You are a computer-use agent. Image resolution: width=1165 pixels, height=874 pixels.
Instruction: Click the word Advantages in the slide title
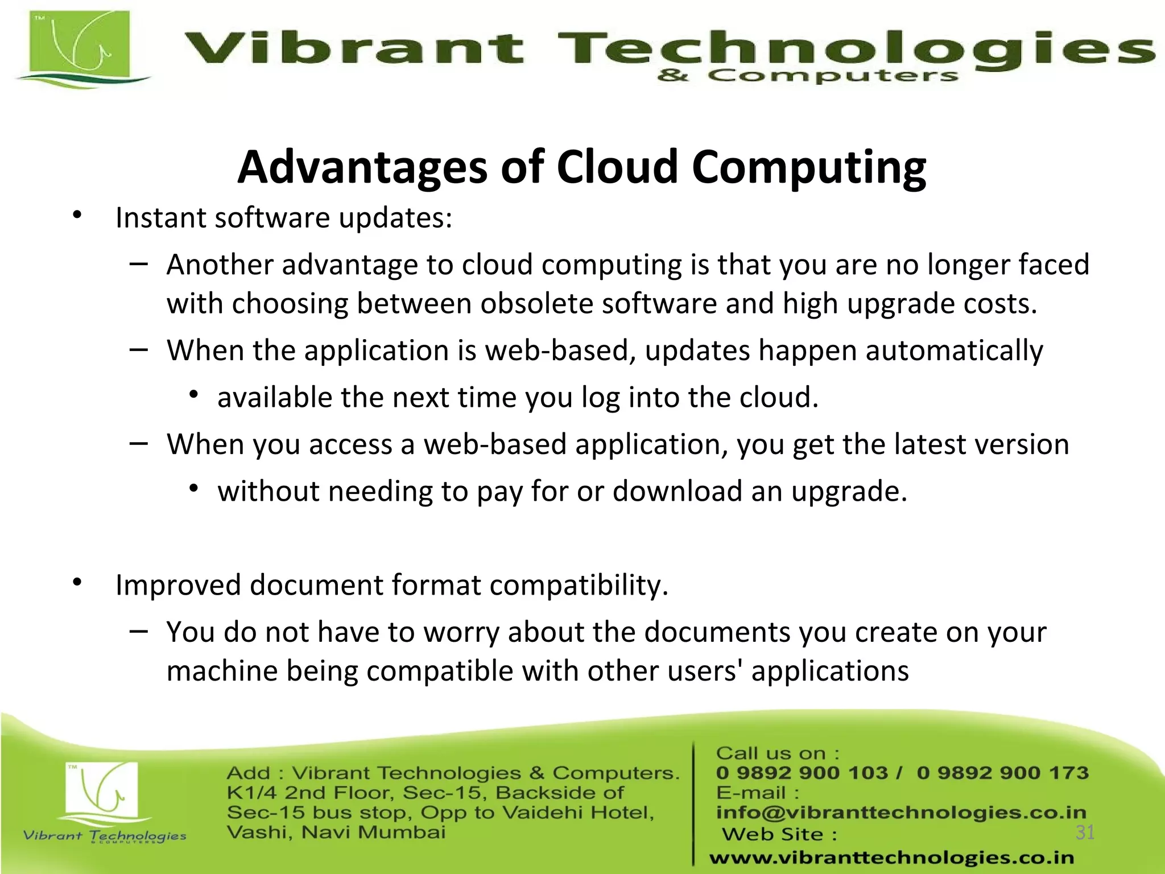(362, 167)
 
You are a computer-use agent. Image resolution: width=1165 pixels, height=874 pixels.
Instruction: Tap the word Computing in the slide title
(809, 168)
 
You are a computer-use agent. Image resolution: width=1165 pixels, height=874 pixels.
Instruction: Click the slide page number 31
(1085, 832)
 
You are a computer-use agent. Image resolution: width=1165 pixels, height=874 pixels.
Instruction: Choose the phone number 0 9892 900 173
(1002, 773)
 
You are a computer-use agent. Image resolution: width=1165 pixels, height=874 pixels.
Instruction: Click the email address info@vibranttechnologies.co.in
(900, 813)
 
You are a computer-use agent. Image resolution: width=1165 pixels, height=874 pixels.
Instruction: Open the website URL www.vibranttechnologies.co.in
(891, 857)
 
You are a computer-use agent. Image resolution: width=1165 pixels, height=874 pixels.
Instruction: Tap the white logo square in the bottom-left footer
(102, 789)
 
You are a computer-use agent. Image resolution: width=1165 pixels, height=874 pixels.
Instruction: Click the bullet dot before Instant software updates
(77, 216)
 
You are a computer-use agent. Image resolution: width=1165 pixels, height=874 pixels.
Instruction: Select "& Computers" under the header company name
(807, 76)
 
